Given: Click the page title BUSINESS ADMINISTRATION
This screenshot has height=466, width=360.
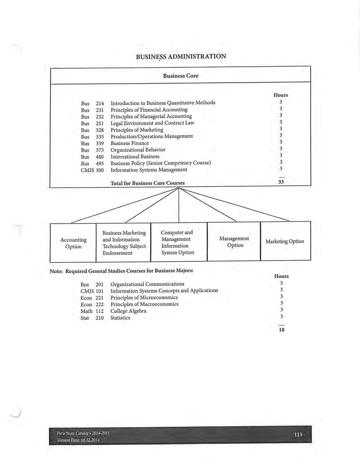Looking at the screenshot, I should (x=181, y=56).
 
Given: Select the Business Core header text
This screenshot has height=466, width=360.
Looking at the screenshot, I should (x=181, y=76).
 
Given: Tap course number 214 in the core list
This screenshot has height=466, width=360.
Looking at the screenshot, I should (x=100, y=104).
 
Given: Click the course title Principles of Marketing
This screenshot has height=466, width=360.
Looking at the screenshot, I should (x=137, y=130).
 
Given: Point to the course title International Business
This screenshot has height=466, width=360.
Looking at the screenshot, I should (x=135, y=156).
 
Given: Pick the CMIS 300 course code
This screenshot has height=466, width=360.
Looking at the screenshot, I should (x=92, y=170).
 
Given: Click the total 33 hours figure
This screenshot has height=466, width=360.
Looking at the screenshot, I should (x=281, y=182).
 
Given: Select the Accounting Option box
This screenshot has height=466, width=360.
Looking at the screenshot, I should (x=73, y=243).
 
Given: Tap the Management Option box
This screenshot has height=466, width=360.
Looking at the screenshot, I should (x=234, y=242).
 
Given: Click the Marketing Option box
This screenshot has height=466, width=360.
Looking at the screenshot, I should (x=285, y=241).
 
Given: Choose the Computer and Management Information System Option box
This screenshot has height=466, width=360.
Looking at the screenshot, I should (x=177, y=242).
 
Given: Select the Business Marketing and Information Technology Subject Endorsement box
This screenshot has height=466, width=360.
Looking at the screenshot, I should (x=124, y=243).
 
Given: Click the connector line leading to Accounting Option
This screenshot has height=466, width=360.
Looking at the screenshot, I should (x=124, y=205).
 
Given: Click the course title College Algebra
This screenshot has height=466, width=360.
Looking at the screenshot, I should (x=128, y=311).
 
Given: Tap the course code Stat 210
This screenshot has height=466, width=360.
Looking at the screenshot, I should (x=92, y=318).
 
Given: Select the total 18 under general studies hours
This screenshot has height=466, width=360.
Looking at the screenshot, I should (x=282, y=330).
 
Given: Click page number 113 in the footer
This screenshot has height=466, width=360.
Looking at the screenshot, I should (x=298, y=434).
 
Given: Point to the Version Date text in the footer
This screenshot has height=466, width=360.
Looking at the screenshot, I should (x=78, y=440).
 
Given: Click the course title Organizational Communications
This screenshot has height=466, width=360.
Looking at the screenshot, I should (x=147, y=284).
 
